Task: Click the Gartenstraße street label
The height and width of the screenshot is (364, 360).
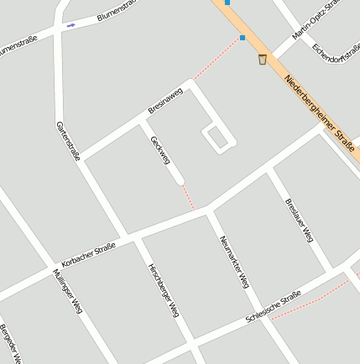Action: click(x=67, y=141)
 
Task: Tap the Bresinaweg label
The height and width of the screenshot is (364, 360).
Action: click(x=164, y=100)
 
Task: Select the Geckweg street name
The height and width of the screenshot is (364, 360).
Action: click(x=160, y=149)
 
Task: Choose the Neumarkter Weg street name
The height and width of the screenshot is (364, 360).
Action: click(x=234, y=262)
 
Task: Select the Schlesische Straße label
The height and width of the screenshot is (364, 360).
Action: click(x=273, y=308)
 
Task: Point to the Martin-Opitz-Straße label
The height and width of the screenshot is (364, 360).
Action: click(x=316, y=21)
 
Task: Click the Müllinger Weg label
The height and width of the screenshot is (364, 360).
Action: click(x=65, y=290)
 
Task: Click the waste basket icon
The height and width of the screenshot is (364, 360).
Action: click(x=263, y=60)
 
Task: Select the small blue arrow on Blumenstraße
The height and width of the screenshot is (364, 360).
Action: click(x=70, y=25)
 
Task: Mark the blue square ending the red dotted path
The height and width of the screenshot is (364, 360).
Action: click(x=243, y=38)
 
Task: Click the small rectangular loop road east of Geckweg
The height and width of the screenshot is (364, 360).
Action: click(x=217, y=138)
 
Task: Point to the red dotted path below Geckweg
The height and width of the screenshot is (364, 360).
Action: click(x=189, y=197)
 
